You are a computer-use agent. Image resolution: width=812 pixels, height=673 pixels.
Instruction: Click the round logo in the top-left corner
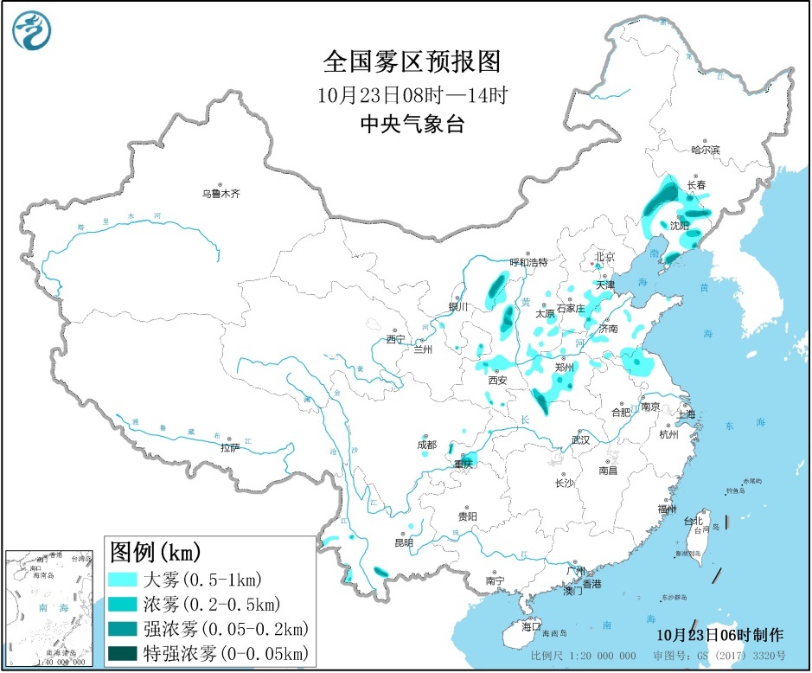[32, 32]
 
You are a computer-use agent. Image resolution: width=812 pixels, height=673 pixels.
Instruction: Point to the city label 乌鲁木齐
[221, 195]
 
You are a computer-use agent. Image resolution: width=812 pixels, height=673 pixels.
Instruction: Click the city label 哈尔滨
[705, 150]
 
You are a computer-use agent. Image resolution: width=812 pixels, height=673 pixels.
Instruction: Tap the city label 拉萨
[229, 447]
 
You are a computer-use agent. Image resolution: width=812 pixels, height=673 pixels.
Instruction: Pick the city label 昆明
[403, 542]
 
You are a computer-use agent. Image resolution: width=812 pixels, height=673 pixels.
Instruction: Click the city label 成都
[426, 444]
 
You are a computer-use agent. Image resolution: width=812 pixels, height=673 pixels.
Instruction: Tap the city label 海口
[531, 625]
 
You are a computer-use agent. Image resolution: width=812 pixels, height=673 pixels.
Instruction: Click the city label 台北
[694, 521]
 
